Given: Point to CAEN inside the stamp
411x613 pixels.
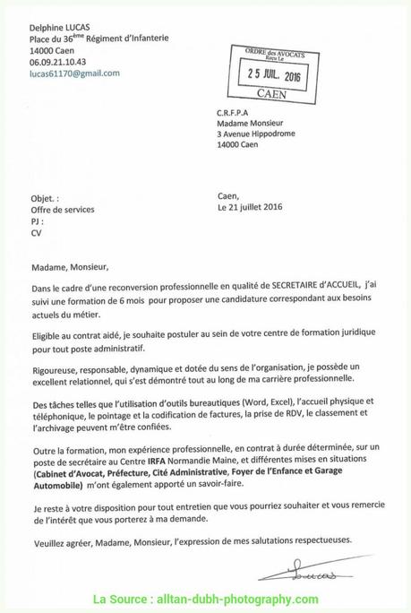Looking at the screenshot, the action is click(x=278, y=92).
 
